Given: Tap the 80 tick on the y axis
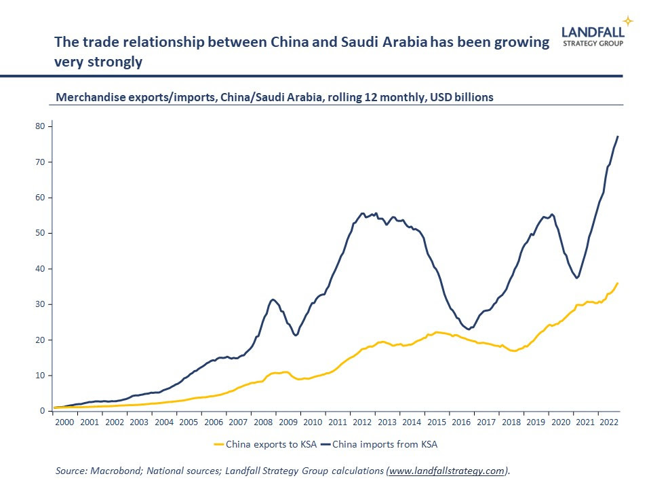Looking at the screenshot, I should [x=41, y=126].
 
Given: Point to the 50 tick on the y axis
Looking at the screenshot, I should [x=41, y=233].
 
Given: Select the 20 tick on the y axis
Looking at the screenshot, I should [x=41, y=340].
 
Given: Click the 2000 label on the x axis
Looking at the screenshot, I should [x=64, y=422].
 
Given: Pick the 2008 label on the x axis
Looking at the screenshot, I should [x=264, y=422].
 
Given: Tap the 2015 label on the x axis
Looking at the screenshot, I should [x=437, y=422].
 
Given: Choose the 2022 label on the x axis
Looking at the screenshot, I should [x=609, y=422].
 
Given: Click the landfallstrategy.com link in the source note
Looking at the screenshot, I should [x=447, y=470].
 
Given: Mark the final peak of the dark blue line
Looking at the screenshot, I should [x=618, y=137].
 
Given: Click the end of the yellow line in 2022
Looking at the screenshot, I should [x=618, y=283].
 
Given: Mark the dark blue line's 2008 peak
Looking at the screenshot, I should [x=273, y=300].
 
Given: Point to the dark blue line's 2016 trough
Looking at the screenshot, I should [x=469, y=329].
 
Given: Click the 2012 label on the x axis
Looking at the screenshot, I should [x=362, y=422].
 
